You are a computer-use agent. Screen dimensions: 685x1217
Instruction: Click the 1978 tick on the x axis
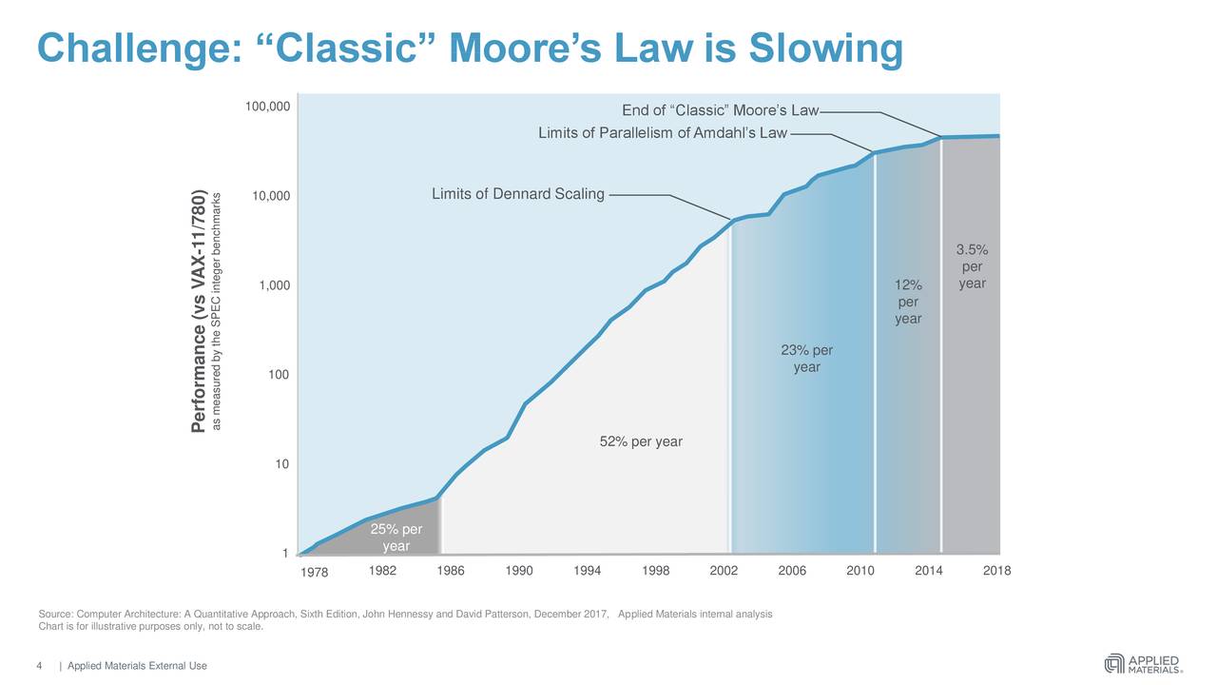coord(314,572)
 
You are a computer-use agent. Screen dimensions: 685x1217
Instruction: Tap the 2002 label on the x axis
coord(724,571)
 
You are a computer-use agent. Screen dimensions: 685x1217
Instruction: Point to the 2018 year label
coord(996,571)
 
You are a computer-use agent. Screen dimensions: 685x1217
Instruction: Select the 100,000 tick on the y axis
coord(268,107)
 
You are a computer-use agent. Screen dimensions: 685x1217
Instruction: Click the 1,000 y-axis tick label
coord(274,286)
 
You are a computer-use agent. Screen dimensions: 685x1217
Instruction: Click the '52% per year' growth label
coord(641,441)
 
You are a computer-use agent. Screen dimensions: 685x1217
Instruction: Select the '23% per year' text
coord(806,359)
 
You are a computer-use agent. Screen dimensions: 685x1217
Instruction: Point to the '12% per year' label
coord(908,302)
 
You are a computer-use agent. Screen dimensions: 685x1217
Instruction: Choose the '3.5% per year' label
coord(972,267)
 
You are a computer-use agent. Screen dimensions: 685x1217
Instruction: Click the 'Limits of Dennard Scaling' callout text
coord(517,195)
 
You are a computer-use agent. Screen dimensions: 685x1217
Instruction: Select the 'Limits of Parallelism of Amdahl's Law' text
coord(663,132)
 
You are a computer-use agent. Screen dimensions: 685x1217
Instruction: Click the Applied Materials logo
coord(1143,663)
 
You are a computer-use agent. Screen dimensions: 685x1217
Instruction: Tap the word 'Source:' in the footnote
coord(55,614)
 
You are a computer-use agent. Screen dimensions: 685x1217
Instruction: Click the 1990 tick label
coord(519,571)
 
